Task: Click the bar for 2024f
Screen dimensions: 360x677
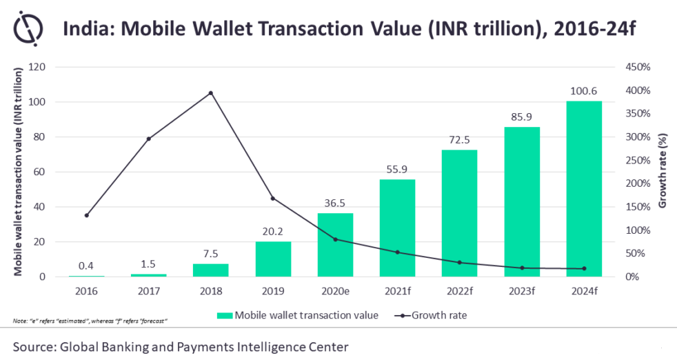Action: pyautogui.click(x=584, y=189)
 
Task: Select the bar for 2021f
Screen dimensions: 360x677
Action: pyautogui.click(x=397, y=228)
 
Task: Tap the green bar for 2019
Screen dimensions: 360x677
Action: pyautogui.click(x=273, y=259)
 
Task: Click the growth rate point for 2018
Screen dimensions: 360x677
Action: pyautogui.click(x=211, y=92)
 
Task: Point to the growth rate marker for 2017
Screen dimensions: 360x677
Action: pyautogui.click(x=149, y=139)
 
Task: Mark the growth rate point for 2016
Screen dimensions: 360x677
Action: pyautogui.click(x=87, y=215)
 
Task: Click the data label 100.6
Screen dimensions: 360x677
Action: pyautogui.click(x=584, y=90)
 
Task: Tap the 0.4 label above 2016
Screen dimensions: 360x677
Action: pyautogui.click(x=87, y=266)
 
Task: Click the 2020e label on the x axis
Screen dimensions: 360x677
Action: pyautogui.click(x=335, y=290)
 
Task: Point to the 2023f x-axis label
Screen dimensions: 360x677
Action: pyautogui.click(x=522, y=290)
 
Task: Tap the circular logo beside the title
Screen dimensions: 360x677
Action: pyautogui.click(x=29, y=30)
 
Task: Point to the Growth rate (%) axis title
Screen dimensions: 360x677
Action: pyautogui.click(x=663, y=172)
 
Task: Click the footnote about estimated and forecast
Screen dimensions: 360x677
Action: pyautogui.click(x=90, y=322)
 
